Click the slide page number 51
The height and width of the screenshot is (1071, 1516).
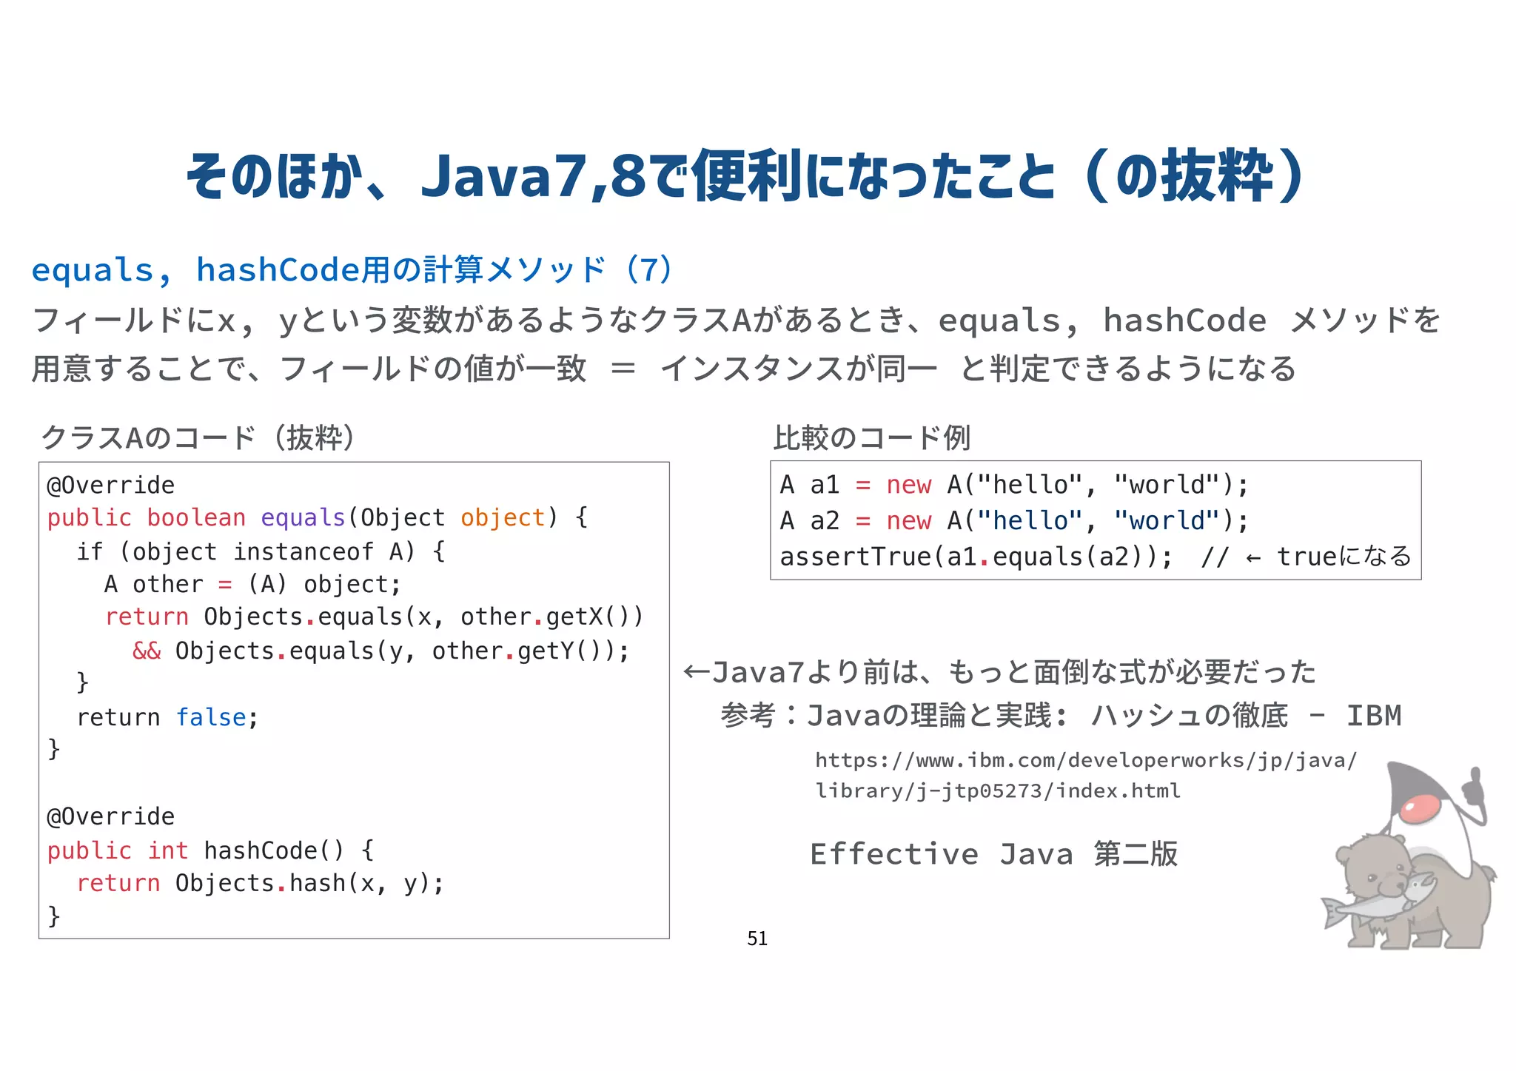click(x=757, y=939)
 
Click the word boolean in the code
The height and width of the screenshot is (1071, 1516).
click(x=196, y=517)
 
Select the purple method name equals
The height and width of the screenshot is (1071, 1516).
click(x=303, y=517)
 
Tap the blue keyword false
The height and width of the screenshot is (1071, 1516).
click(x=211, y=717)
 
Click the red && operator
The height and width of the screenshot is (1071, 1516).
click(x=147, y=651)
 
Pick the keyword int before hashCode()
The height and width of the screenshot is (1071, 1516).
click(x=168, y=850)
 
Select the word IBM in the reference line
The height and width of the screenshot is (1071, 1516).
click(x=1374, y=716)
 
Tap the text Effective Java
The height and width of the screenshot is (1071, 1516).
click(x=940, y=854)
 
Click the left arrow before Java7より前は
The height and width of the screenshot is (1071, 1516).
click(x=696, y=672)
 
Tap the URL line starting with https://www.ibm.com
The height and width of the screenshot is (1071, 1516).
click(x=1086, y=760)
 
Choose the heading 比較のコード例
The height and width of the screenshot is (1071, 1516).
click(x=871, y=437)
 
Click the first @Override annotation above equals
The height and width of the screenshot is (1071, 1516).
click(x=111, y=485)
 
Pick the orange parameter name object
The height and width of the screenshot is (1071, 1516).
click(x=503, y=517)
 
